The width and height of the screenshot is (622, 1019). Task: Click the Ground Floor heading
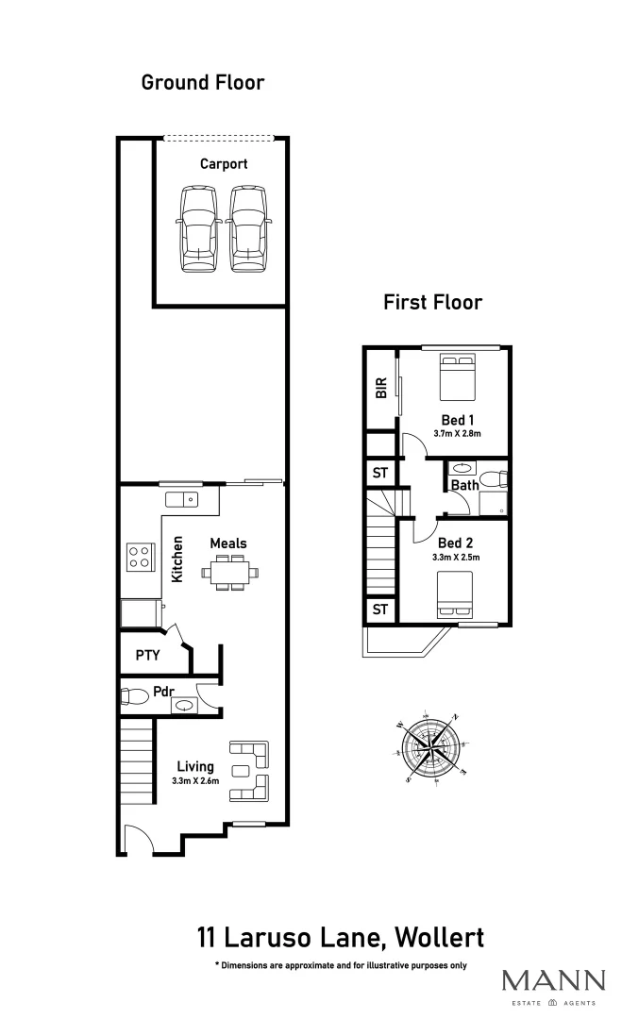pos(202,82)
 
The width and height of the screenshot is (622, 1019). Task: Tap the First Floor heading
pos(432,302)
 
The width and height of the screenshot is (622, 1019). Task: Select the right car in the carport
pos(247,229)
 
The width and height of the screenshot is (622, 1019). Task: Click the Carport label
pos(224,164)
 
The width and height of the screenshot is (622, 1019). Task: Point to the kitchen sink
pos(181,499)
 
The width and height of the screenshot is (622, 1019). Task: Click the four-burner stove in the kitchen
pos(140,557)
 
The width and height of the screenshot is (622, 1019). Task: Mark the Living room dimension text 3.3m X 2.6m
pos(194,781)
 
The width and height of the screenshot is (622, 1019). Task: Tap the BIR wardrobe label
pos(381,389)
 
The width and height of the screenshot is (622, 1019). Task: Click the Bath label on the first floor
pos(464,486)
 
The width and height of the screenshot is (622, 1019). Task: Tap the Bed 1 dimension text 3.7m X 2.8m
pos(457,434)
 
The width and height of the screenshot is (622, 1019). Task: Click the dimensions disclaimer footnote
pos(341,966)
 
